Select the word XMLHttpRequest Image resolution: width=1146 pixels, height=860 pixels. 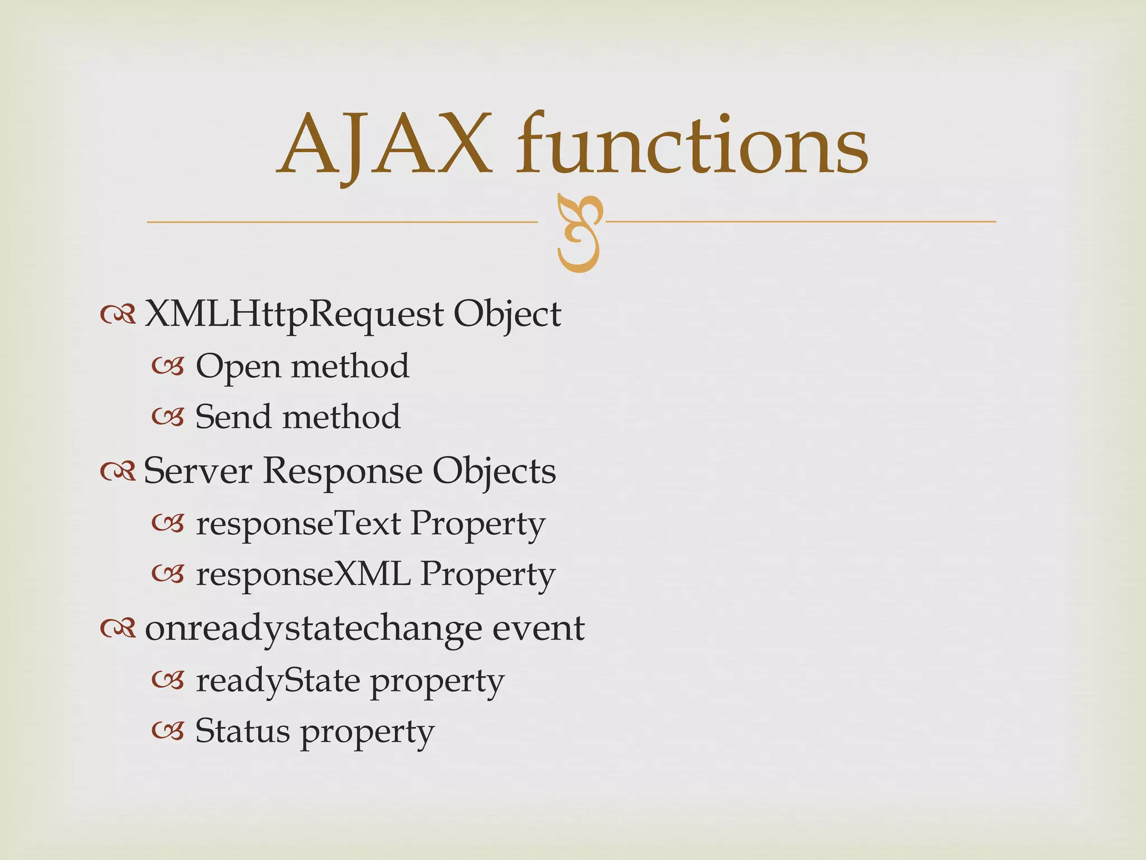(x=294, y=315)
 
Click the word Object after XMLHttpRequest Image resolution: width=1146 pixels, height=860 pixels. (x=507, y=315)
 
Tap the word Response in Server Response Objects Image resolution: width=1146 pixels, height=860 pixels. (x=342, y=472)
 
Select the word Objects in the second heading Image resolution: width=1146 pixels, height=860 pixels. (x=494, y=472)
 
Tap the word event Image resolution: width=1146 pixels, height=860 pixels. (x=538, y=628)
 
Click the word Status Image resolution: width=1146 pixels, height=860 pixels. (x=242, y=731)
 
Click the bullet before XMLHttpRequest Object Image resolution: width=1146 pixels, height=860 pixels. (x=118, y=316)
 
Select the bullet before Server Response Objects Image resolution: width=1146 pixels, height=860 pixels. (x=118, y=473)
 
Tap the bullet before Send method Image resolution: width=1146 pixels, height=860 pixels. (x=167, y=418)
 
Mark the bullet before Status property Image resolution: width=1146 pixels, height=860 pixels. (x=167, y=731)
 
